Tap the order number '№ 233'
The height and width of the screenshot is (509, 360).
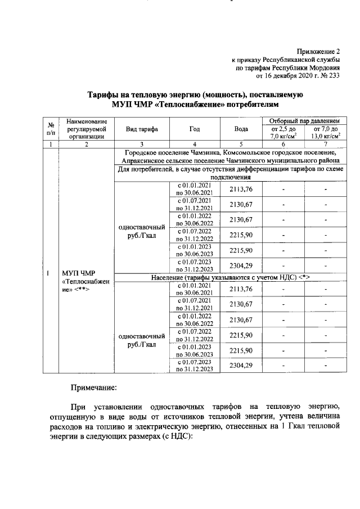(x=330, y=76)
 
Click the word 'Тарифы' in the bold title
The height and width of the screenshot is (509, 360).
(x=106, y=95)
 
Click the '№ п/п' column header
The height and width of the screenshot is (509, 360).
(x=51, y=128)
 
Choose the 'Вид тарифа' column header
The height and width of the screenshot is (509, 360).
(x=142, y=129)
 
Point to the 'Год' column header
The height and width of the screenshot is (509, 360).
(x=194, y=129)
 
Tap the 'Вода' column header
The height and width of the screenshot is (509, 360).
(x=241, y=129)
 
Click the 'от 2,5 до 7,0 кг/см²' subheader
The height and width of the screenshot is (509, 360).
(x=283, y=133)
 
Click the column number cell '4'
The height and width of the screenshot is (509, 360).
(x=194, y=144)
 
